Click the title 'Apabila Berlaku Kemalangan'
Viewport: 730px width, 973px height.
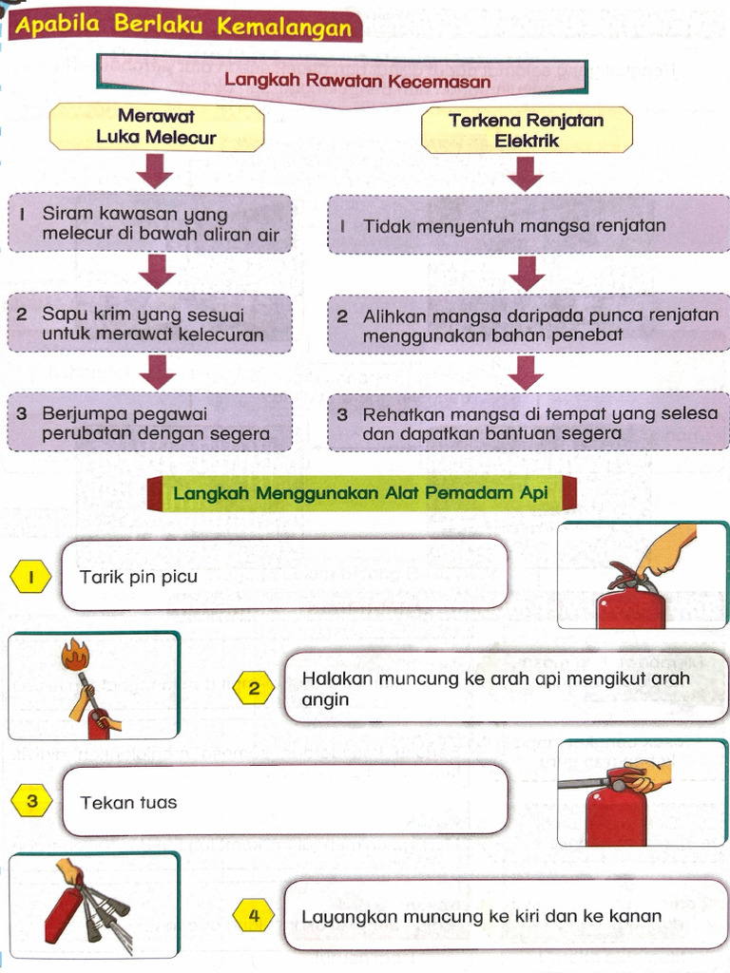click(184, 26)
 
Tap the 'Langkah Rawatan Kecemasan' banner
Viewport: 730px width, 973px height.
click(357, 81)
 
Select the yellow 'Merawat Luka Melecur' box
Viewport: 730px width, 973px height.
click(156, 127)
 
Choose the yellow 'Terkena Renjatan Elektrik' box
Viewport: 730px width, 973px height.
click(526, 130)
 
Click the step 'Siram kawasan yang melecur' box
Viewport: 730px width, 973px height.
click(150, 224)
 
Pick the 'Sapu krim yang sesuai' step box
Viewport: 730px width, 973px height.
click(150, 324)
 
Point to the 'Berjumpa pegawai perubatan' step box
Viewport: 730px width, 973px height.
click(150, 424)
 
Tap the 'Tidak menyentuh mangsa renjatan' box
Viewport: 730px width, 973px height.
click(528, 226)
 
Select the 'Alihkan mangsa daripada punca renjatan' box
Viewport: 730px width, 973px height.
click(528, 325)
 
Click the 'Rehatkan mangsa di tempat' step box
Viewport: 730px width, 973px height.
click(528, 424)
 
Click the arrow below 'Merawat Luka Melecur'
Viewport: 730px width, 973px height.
click(156, 171)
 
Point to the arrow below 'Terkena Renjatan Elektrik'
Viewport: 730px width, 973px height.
click(525, 173)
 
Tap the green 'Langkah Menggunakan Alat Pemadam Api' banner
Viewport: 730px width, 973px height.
click(361, 493)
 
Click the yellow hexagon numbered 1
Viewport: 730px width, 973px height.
click(31, 577)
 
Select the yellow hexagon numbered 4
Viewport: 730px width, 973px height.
click(254, 916)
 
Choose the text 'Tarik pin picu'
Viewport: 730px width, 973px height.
click(139, 577)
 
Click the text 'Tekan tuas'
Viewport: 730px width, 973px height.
click(128, 802)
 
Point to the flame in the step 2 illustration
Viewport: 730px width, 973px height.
click(72, 654)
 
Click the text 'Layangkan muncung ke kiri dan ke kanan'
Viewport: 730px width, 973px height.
click(481, 917)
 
